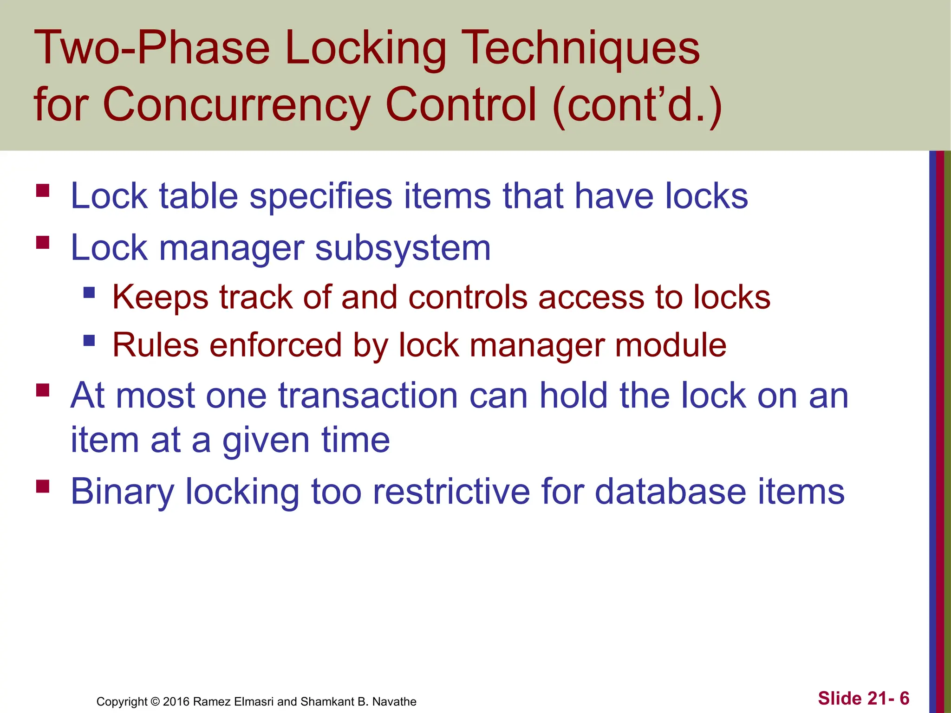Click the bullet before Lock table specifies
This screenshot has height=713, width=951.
click(43, 191)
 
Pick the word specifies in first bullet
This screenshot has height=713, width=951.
click(321, 196)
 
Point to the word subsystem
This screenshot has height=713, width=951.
click(403, 248)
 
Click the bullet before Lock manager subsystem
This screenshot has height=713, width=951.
click(43, 243)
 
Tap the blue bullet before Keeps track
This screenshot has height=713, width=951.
click(89, 292)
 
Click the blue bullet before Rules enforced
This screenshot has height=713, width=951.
click(89, 341)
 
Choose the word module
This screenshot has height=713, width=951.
click(671, 345)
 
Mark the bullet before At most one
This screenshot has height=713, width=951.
click(43, 390)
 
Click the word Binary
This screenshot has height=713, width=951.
click(122, 492)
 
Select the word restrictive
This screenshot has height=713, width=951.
click(451, 491)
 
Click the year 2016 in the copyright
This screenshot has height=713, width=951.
click(176, 701)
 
